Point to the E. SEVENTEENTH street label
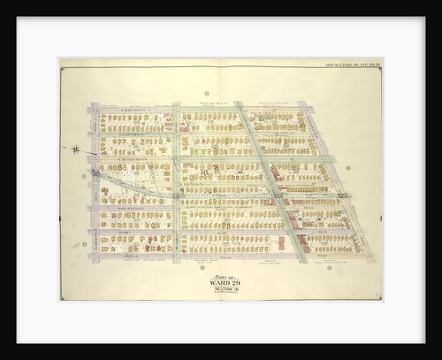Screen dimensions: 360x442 pos(133,159)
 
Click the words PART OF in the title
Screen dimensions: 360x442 pos(225,274)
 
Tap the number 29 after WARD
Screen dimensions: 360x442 pos(235,282)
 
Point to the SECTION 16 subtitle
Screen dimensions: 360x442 pos(225,290)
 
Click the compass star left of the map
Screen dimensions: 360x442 pos(77,149)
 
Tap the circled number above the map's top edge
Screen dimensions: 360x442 pos(205,93)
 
